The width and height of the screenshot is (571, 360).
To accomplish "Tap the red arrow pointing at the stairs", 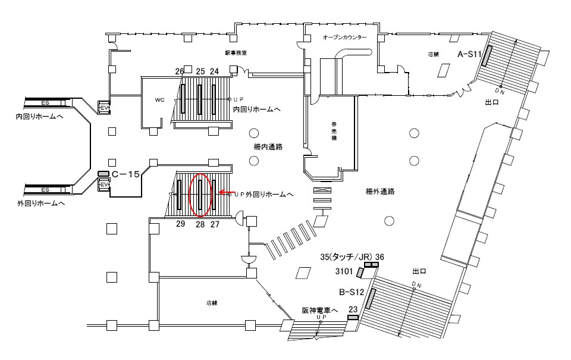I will pyautogui.click(x=225, y=192).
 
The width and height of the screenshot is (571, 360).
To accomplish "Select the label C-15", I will pyautogui.click(x=126, y=174).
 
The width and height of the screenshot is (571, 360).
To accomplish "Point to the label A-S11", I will pyautogui.click(x=469, y=54).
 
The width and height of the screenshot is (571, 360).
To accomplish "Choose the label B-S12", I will pyautogui.click(x=351, y=292).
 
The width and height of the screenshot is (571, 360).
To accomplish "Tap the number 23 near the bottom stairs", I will pyautogui.click(x=353, y=309).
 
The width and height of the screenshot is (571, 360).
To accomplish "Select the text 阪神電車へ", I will pyautogui.click(x=319, y=310).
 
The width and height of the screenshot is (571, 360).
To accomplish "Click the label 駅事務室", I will pyautogui.click(x=236, y=53).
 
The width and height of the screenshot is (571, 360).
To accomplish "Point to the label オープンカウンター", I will pyautogui.click(x=345, y=37).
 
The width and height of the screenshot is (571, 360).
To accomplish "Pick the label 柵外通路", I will pyautogui.click(x=381, y=192).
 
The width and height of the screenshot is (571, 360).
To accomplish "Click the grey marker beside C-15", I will pyautogui.click(x=103, y=174).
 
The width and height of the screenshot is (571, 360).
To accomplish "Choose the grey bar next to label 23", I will pyautogui.click(x=353, y=318).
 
